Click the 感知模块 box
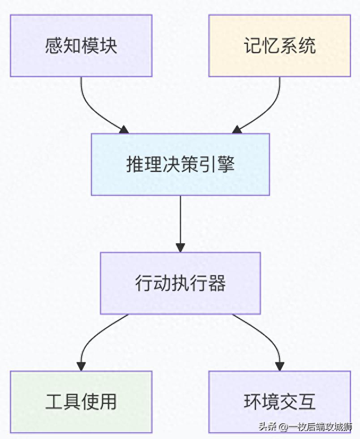point(81,46)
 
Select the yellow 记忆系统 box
point(279,46)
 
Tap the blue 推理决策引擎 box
point(180,164)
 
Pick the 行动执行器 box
point(180,283)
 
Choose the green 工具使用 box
point(81,402)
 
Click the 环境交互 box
point(279,402)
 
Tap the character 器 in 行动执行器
point(217,283)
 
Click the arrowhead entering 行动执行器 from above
point(180,247)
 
